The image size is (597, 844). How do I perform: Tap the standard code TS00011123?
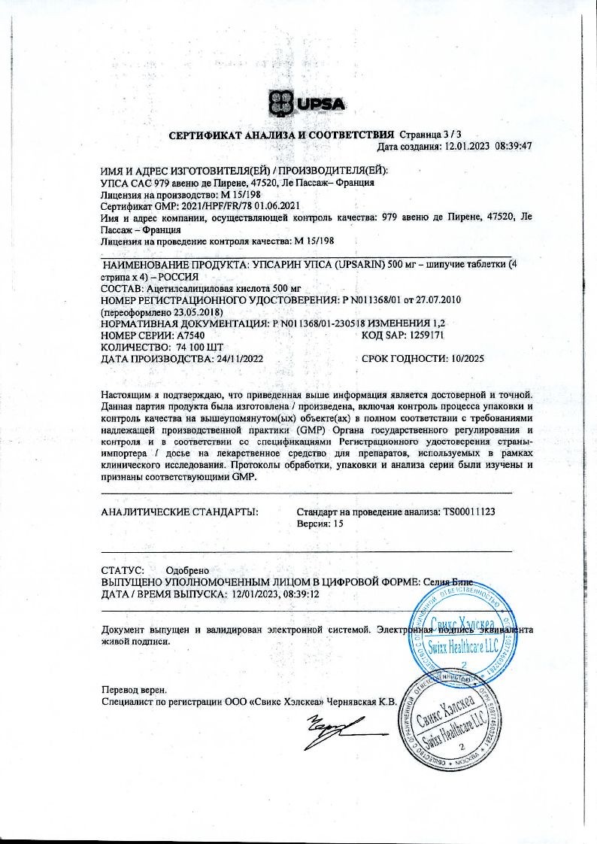(468, 512)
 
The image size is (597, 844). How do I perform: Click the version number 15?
(338, 524)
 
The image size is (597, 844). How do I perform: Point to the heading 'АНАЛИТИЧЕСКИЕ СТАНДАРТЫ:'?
(180, 512)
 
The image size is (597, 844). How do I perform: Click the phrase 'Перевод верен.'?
(135, 689)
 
